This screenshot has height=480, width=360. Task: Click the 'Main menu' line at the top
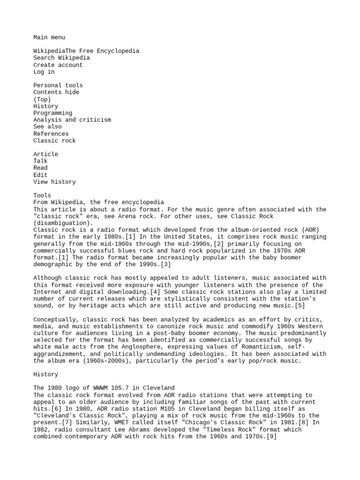49,37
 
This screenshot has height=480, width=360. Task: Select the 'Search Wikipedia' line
61,58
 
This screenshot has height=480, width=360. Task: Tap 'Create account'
58,65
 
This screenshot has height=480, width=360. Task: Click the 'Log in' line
44,72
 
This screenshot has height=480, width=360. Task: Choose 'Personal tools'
58,86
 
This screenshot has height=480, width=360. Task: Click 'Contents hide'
56,92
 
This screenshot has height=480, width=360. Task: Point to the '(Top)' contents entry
42,99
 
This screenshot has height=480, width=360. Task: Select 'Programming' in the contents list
52,113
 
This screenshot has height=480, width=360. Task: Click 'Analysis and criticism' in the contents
72,120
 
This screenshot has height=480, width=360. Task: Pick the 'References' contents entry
51,134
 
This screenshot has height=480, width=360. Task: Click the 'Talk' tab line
40,161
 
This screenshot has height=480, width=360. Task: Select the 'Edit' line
40,175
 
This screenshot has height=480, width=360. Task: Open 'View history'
54,182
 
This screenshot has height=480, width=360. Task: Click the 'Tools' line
42,195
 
